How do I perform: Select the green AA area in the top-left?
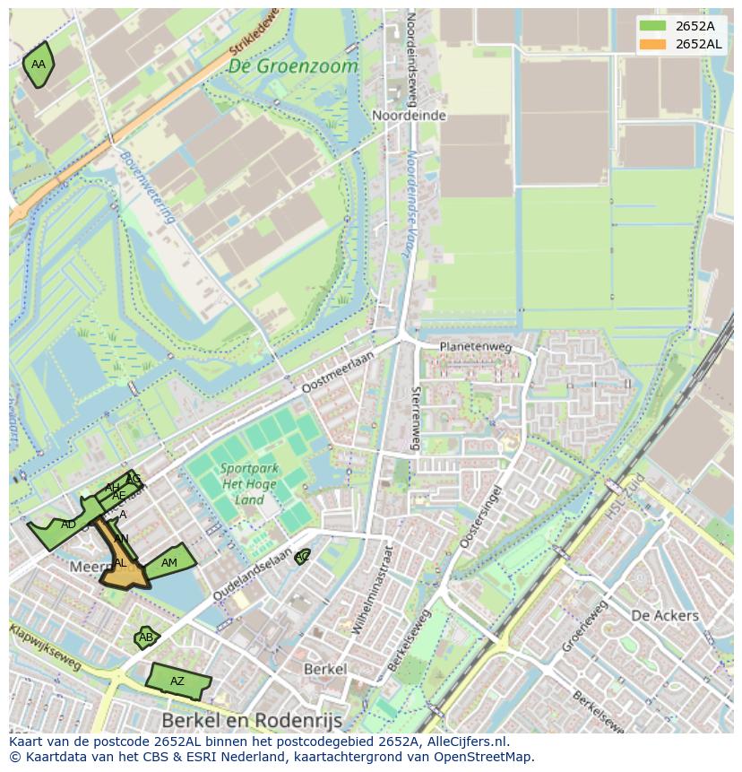click(38, 65)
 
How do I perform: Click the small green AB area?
click(145, 638)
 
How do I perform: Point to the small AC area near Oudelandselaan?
click(303, 557)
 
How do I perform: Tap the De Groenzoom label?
click(292, 66)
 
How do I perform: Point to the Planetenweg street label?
click(474, 347)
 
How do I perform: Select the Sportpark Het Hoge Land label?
click(250, 485)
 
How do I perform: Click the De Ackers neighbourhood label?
click(664, 615)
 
